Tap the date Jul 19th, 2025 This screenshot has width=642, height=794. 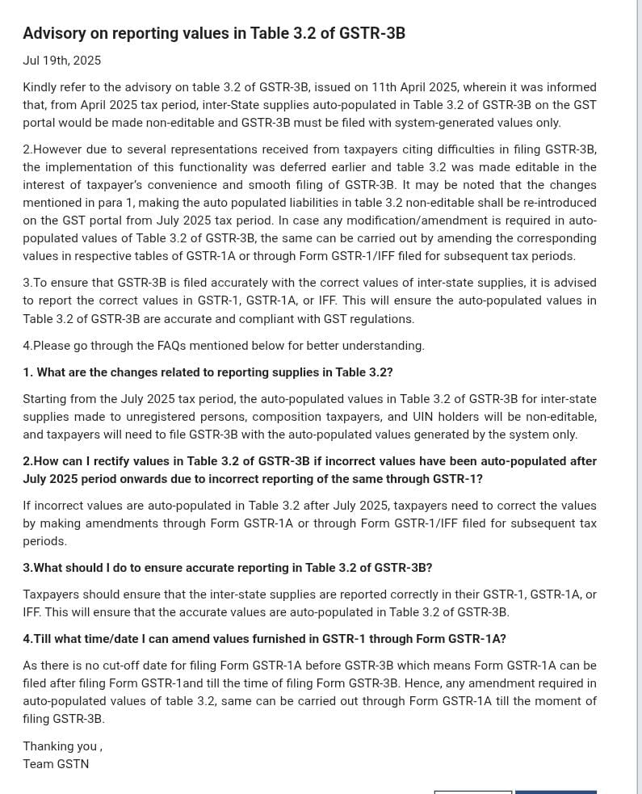point(61,61)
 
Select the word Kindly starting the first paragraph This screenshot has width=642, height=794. point(41,87)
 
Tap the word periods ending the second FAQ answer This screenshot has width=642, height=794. point(44,541)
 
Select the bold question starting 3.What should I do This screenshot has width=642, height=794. point(227,568)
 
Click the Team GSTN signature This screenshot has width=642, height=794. point(56,764)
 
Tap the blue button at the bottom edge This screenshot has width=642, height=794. point(556,792)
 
